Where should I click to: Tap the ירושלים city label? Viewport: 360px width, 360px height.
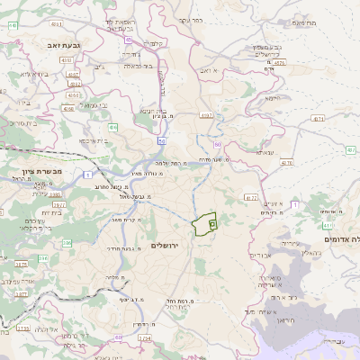click(166, 245)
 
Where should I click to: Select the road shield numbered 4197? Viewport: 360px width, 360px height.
click(208, 115)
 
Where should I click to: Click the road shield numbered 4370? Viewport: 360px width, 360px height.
click(286, 163)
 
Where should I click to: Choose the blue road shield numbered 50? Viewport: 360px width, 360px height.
click(161, 141)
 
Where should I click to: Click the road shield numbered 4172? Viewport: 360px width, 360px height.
click(250, 197)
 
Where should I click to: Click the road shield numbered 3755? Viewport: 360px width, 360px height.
click(23, 328)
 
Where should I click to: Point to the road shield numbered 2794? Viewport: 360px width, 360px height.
click(121, 337)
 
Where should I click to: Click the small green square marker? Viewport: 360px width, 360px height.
click(212, 221)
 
